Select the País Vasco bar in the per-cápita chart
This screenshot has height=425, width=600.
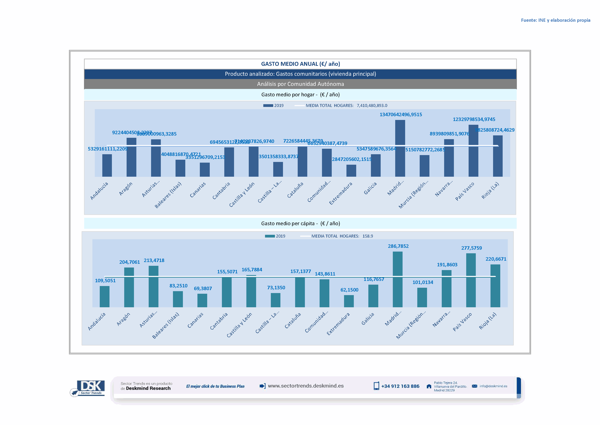tap(471, 280)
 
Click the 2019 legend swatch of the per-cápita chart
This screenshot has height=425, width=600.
tap(270, 236)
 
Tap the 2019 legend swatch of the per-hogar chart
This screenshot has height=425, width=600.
tap(268, 105)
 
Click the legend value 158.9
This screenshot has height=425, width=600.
tap(367, 236)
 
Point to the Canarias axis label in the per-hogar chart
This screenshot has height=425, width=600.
tap(198, 190)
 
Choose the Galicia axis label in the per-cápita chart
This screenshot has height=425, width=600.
tap(368, 319)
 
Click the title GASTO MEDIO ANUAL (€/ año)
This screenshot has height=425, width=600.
tap(300, 64)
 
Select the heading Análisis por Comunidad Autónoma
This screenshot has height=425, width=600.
tap(300, 84)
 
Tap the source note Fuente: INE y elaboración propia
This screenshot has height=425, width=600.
tap(555, 20)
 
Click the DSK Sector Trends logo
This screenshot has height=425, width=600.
tap(89, 388)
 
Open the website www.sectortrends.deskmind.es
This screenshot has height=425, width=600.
tap(306, 386)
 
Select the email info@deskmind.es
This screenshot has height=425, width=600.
tap(493, 386)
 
